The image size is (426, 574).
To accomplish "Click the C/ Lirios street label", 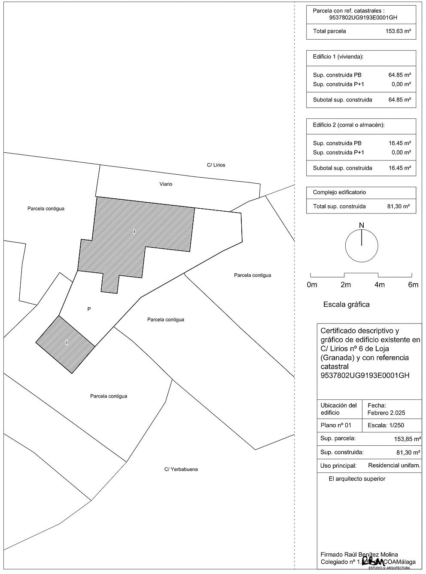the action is click(216, 165).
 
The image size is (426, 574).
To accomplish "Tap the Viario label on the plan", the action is click(166, 184).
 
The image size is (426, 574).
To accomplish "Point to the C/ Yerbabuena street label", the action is click(181, 469).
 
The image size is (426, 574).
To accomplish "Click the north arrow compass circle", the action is click(362, 246).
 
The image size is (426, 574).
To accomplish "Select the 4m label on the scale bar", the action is click(379, 285).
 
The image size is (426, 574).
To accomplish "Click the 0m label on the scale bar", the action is click(312, 285).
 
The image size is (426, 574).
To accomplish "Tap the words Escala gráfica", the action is click(346, 305).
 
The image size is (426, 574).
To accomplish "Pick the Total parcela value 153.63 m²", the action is click(398, 31).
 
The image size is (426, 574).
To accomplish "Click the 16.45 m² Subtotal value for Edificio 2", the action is click(400, 168).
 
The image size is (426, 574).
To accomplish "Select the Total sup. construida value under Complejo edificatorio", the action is click(399, 207).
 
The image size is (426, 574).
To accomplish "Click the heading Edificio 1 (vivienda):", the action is click(338, 57).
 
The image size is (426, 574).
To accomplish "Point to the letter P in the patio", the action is click(89, 309).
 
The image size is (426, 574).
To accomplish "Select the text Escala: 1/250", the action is click(386, 426).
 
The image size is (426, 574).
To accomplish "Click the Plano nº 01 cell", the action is click(336, 426).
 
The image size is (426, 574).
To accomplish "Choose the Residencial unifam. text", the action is click(394, 466).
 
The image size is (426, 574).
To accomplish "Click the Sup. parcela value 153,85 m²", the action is click(407, 439).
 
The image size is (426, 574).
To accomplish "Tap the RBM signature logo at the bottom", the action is click(373, 561).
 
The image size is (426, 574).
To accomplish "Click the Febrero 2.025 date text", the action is click(386, 413).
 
